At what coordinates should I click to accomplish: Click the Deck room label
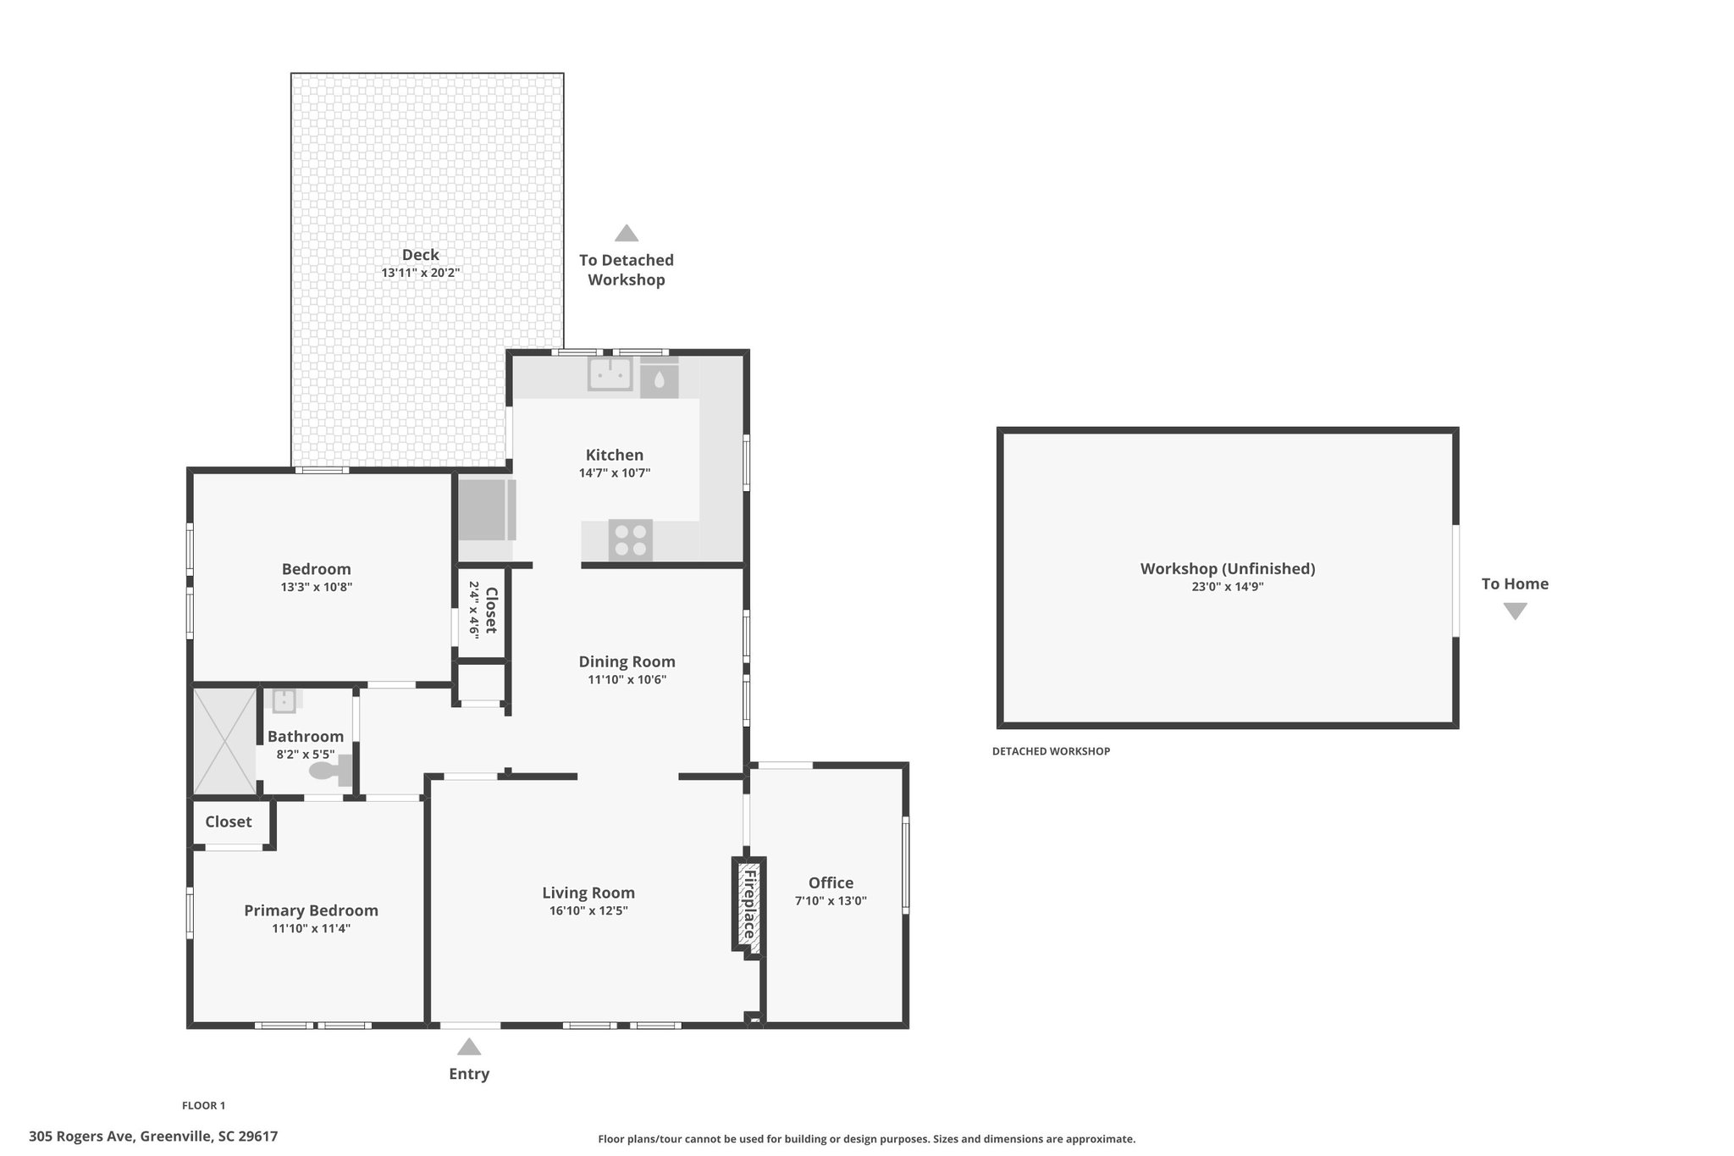click(421, 255)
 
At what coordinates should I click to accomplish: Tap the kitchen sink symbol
click(610, 373)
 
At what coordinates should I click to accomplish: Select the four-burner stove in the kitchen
click(631, 540)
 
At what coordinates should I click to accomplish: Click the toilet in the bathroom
click(331, 770)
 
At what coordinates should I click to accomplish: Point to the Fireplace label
click(748, 905)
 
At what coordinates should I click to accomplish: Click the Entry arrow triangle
click(469, 1047)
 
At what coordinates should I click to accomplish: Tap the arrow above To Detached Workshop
click(627, 233)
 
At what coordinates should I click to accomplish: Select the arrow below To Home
click(1515, 611)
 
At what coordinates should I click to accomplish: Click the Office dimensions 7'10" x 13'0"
click(831, 901)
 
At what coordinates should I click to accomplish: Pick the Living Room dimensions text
click(588, 911)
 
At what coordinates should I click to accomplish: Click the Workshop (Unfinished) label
click(1228, 568)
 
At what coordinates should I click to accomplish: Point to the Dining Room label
click(627, 661)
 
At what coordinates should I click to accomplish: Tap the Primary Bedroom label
click(311, 910)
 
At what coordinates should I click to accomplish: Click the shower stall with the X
click(225, 742)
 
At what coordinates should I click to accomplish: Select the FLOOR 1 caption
click(203, 1105)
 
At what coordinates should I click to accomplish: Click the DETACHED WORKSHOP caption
click(1051, 751)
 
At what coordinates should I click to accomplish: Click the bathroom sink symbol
click(284, 701)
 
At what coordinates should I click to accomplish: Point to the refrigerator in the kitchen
click(486, 510)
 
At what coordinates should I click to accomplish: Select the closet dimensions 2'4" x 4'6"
click(474, 610)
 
